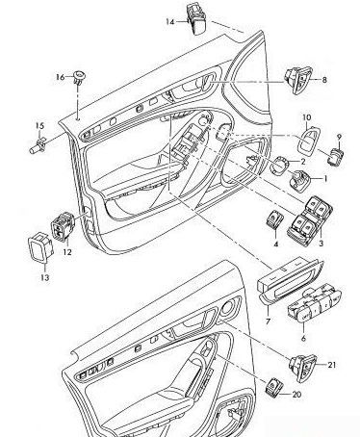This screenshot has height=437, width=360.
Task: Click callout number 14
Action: coord(170,22)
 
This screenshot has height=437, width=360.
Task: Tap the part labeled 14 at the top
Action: coord(196,18)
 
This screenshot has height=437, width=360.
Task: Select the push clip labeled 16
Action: coord(79,77)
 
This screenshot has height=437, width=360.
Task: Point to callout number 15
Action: coord(39,126)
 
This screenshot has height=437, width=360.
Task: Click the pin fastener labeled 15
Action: coord(38,145)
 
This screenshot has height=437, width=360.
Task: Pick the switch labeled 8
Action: coord(298,80)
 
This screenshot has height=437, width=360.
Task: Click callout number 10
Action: coord(307,117)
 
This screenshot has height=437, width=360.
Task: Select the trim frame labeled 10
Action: coord(309,141)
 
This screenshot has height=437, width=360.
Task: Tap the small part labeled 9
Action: coord(336,156)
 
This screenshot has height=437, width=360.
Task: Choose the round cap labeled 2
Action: coord(279,166)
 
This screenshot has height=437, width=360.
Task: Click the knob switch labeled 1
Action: coord(299,181)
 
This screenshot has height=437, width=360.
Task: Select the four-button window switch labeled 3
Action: coord(309,218)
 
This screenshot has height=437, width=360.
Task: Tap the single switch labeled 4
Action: coord(274,220)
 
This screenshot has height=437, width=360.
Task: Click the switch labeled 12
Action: coord(63,226)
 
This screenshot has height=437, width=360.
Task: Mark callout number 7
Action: coord(268,321)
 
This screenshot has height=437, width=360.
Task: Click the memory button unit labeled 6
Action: coord(315,304)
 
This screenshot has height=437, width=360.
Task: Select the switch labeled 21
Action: coord(303,368)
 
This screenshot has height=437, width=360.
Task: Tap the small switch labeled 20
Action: coord(274,387)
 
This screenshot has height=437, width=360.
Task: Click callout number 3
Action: coord(321,244)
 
